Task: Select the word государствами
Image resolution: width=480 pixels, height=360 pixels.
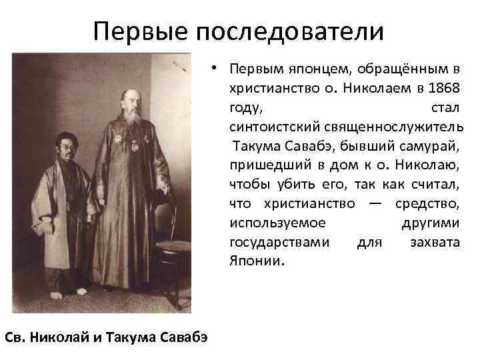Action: [x=279, y=241]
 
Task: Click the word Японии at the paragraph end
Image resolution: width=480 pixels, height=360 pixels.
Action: [x=256, y=261]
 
